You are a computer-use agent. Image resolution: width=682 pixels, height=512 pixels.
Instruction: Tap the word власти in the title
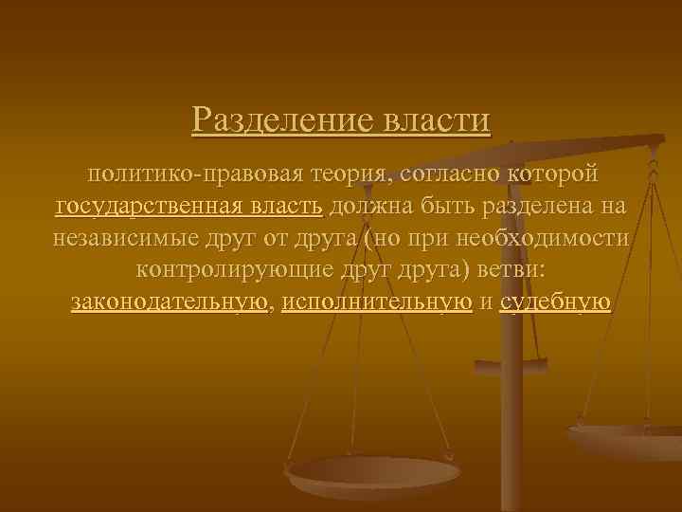[437, 120]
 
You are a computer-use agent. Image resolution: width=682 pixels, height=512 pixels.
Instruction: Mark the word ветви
[508, 270]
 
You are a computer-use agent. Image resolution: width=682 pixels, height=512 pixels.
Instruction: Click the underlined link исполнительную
[377, 302]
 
